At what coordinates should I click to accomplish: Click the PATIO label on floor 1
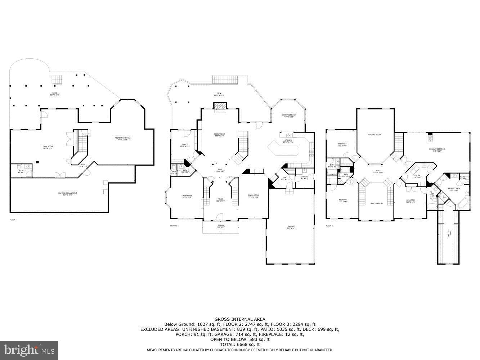pos(54,94)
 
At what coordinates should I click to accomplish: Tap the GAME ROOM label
pos(48,147)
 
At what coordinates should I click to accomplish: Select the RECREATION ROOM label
pos(122,139)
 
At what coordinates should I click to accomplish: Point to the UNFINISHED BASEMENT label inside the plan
pos(68,194)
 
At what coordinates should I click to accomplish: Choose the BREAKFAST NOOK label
pos(289,116)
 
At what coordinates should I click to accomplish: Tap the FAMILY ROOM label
pos(220,135)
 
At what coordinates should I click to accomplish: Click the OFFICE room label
pos(185,145)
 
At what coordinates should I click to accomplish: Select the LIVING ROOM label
pos(187,196)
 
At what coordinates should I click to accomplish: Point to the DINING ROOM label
pos(253,196)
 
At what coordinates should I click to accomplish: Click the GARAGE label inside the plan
pos(291,227)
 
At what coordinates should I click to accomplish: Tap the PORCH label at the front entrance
pos(220,226)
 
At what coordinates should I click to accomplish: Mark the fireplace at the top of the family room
pos(220,105)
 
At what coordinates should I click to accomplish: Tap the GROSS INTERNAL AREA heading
pos(240,319)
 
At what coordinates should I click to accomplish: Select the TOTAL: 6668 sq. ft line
pos(240,345)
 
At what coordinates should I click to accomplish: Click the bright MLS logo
pos(30,349)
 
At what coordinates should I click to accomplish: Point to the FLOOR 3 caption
pos(329,226)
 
